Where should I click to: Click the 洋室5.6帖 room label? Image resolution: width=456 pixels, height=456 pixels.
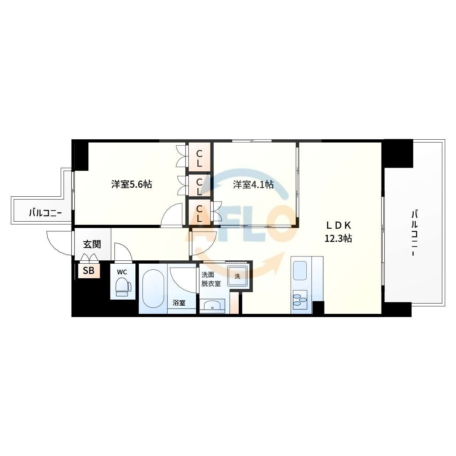131,184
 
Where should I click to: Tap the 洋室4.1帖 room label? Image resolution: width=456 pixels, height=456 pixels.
253,184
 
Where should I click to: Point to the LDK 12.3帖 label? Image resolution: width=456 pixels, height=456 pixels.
338,232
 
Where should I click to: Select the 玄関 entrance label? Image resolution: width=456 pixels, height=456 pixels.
92,244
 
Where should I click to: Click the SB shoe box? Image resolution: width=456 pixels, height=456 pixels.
89,270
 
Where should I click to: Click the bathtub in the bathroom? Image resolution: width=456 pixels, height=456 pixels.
153,289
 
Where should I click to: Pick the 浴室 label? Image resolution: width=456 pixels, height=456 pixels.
179,302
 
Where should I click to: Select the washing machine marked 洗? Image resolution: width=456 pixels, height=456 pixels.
237,276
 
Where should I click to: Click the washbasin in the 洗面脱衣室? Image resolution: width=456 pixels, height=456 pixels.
212,306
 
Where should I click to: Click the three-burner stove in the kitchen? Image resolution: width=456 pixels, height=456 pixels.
300,300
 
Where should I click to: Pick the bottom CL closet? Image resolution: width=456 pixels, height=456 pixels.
199,212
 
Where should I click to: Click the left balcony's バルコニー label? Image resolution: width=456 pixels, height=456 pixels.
46,213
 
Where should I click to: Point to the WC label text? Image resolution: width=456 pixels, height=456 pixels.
122,272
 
